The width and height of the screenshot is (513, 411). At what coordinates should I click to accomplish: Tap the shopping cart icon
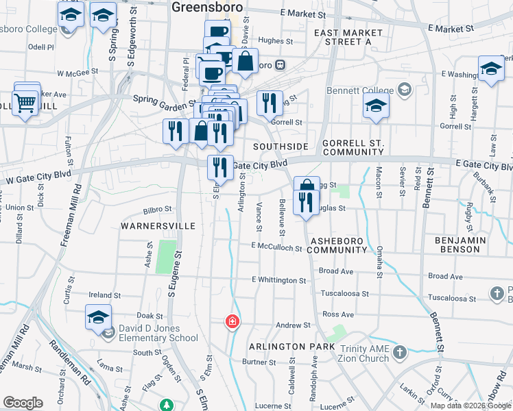click(x=25, y=103)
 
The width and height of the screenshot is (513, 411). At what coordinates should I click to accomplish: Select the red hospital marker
click(x=232, y=321)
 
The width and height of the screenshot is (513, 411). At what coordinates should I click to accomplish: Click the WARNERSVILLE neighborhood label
click(x=158, y=225)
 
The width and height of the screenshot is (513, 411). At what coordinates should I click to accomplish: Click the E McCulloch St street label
click(x=276, y=247)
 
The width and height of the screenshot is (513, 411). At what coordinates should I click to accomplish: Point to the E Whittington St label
click(x=278, y=280)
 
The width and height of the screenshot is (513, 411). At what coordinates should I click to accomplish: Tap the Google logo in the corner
click(x=22, y=403)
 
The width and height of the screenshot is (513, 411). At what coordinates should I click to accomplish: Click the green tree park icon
click(x=165, y=406)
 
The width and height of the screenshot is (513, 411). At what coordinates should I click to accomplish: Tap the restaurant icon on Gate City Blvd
click(x=219, y=166)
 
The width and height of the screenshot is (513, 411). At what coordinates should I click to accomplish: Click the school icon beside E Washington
click(x=491, y=70)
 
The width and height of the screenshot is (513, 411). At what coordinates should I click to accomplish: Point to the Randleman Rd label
click(x=72, y=356)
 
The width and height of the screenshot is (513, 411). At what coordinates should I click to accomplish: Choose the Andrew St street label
click(x=288, y=325)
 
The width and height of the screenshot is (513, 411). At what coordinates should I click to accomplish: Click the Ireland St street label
click(x=104, y=296)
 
